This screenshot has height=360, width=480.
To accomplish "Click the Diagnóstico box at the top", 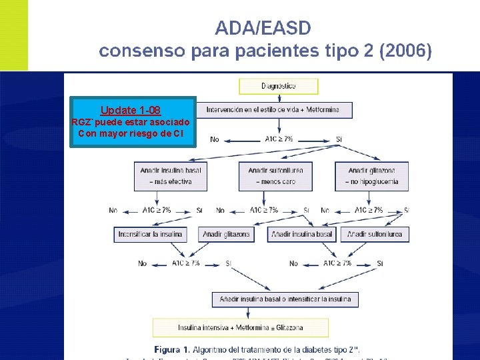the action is (x=279, y=86).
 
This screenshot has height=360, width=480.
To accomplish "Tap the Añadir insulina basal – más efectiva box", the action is (x=171, y=175).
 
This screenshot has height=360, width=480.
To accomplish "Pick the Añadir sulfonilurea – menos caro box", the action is (x=275, y=175).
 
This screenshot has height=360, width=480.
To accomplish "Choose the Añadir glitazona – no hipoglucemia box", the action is (x=371, y=175).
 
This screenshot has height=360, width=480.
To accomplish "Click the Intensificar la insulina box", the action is (x=151, y=235).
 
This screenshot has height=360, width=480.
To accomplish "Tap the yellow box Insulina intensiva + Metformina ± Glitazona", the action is (x=240, y=327).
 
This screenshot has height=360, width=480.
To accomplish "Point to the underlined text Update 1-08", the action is (x=131, y=110).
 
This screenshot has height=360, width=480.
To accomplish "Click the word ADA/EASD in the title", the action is (x=263, y=28).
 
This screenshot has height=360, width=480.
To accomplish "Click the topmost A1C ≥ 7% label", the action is (x=278, y=139).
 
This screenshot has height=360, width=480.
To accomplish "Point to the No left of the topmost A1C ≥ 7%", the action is (x=214, y=139).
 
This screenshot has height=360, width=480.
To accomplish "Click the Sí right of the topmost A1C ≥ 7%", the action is (x=339, y=139).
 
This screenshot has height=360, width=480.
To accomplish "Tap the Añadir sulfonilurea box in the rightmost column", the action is (x=375, y=235).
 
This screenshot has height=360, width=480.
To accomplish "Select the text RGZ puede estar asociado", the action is (x=131, y=122).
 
